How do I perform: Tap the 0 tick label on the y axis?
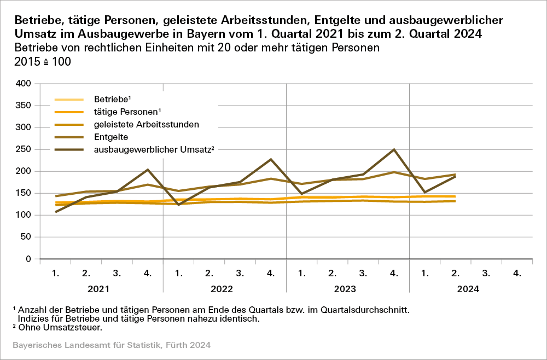pyautogui.click(x=29, y=259)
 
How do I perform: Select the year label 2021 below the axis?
pyautogui.click(x=101, y=289)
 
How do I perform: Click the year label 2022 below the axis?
pyautogui.click(x=224, y=289)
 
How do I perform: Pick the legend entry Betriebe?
pyautogui.click(x=112, y=100)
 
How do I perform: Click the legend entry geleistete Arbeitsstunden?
pyautogui.click(x=146, y=124)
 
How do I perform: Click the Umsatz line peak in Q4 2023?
pyautogui.click(x=394, y=149)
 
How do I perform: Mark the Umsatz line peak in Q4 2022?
pyautogui.click(x=271, y=159)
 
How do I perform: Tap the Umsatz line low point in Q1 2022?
pyautogui.click(x=178, y=205)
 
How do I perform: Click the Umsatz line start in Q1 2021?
pyautogui.click(x=56, y=212)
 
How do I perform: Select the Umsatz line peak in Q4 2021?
pyautogui.click(x=148, y=170)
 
